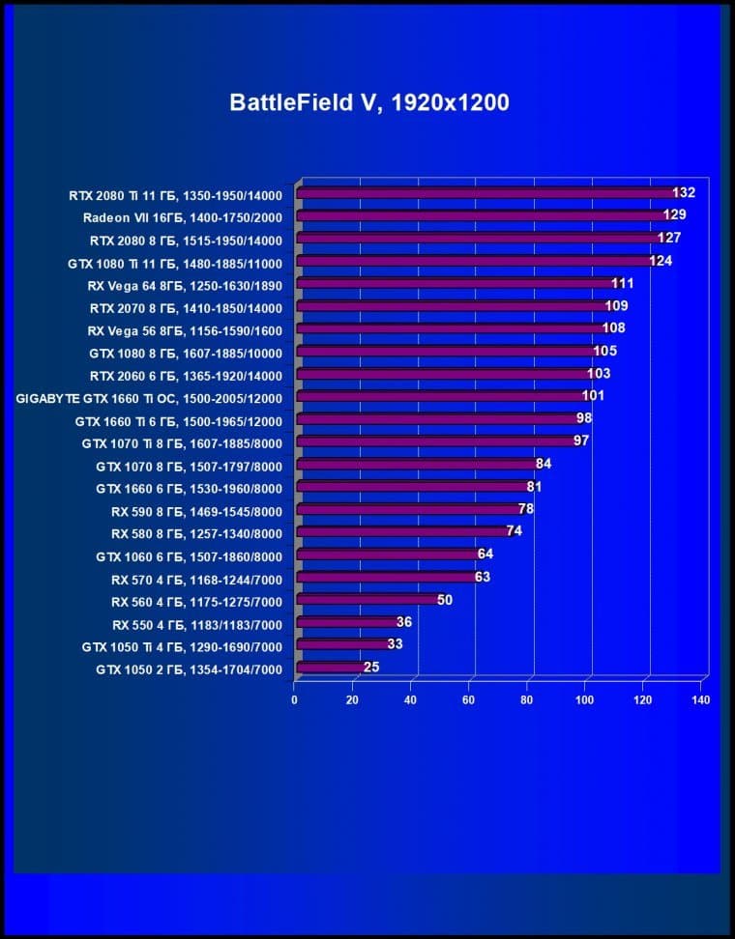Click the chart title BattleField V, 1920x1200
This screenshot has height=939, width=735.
368,102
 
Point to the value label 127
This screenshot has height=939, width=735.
669,239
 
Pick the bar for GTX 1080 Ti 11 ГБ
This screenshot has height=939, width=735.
474,261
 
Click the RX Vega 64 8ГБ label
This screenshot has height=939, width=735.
184,285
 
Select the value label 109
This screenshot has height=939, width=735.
616,306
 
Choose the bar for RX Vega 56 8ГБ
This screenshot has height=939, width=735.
450,329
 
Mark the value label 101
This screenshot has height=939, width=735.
593,396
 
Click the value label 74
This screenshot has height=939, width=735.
514,531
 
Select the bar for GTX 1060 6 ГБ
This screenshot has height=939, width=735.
387,555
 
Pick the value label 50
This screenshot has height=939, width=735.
445,600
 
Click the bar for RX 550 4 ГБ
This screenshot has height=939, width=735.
346,622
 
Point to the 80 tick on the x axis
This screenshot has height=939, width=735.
527,699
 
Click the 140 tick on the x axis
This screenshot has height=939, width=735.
701,699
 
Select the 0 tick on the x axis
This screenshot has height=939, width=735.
294,699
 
